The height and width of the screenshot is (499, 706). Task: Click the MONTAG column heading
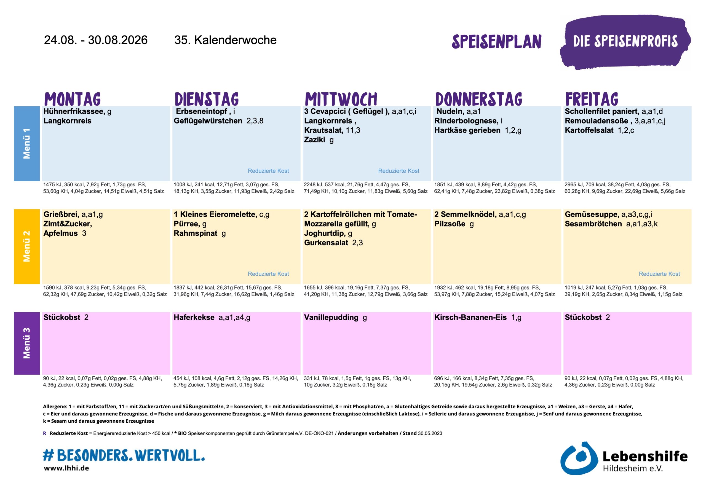pyautogui.click(x=73, y=99)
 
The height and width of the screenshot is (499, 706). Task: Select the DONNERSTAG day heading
pyautogui.click(x=479, y=99)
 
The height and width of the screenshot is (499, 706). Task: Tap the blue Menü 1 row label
pyautogui.click(x=27, y=144)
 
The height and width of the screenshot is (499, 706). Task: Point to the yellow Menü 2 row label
pyautogui.click(x=27, y=246)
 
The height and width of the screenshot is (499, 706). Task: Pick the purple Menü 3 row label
pyautogui.click(x=27, y=343)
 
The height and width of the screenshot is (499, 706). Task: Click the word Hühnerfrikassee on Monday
pyautogui.click(x=74, y=111)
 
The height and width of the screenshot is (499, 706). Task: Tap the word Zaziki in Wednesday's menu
pyautogui.click(x=314, y=139)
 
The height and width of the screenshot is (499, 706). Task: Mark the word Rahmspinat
pyautogui.click(x=196, y=233)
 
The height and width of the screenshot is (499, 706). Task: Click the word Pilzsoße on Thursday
pyautogui.click(x=450, y=224)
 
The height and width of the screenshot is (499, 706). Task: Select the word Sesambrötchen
pyautogui.click(x=593, y=224)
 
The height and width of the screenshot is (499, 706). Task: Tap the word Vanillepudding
pyautogui.click(x=331, y=318)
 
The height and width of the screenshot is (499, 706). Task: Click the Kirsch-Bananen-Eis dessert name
pyautogui.click(x=470, y=317)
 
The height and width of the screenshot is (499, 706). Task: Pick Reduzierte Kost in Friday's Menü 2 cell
pyautogui.click(x=659, y=274)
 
